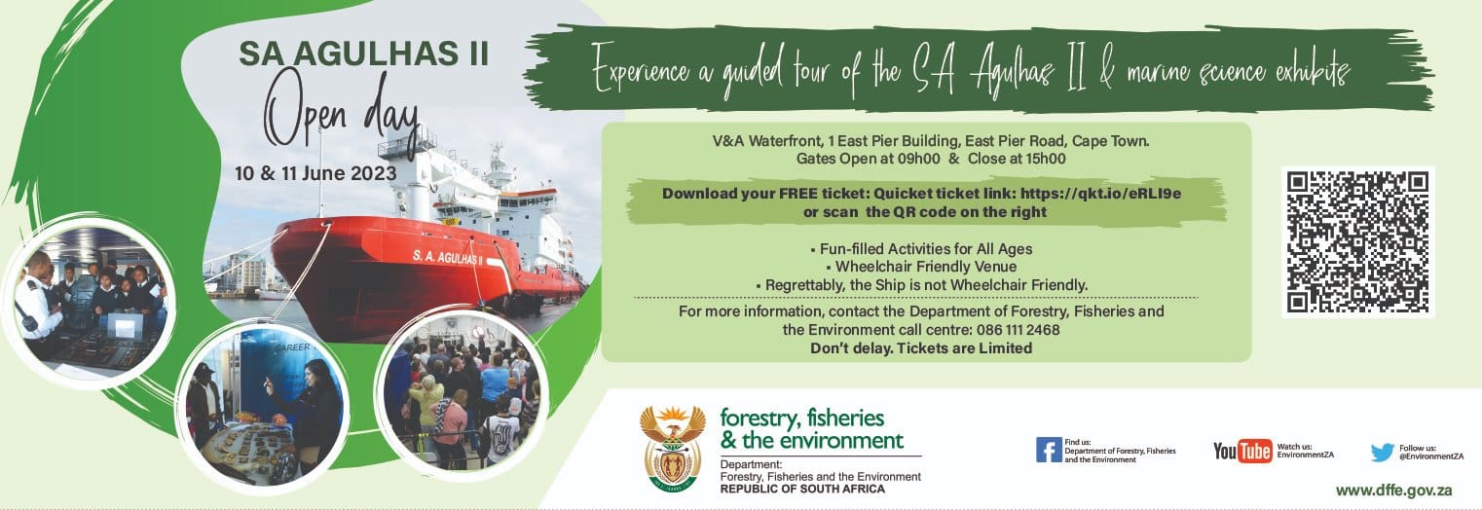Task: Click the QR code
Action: click(1357, 241)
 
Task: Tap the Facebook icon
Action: click(1048, 450)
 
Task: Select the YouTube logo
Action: click(1242, 451)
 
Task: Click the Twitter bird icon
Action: click(1383, 452)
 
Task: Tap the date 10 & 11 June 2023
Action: click(315, 173)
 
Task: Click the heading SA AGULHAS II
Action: click(363, 55)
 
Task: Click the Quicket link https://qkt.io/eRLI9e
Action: click(1109, 193)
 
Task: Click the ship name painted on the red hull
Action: click(448, 255)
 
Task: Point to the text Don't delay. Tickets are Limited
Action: click(921, 347)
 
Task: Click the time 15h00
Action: click(1039, 159)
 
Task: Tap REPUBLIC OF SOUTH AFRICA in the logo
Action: click(802, 488)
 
